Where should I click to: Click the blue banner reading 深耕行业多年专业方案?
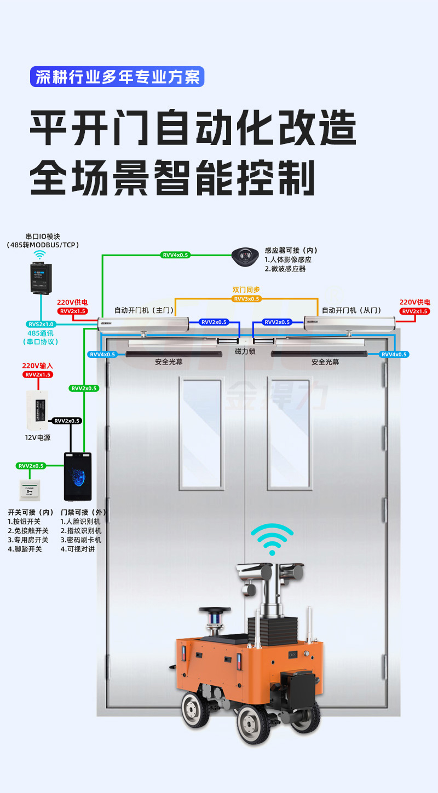[117, 77]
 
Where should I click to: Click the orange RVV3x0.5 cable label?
[246, 299]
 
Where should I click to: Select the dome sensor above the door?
[245, 256]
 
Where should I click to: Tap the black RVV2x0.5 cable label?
[67, 421]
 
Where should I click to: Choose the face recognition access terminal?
[77, 476]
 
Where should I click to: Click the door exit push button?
[31, 490]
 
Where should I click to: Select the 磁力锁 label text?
[245, 351]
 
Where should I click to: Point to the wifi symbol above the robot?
[272, 540]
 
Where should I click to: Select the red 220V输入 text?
[38, 366]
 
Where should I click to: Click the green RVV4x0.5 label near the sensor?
[175, 255]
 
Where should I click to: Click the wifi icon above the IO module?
[39, 254]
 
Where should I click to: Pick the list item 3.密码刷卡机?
[81, 540]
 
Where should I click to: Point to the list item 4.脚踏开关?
[25, 549]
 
